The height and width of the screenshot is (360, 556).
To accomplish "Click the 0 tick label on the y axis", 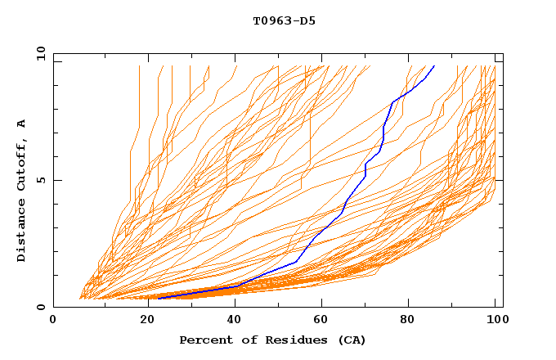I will click(x=41, y=307).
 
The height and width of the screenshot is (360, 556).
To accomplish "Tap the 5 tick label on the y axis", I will click(x=41, y=180).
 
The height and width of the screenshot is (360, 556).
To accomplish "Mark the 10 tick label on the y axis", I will click(x=38, y=53).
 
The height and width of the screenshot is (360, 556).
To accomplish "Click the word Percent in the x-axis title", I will click(x=204, y=340).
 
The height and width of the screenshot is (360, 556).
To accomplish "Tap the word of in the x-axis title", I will click(x=246, y=340).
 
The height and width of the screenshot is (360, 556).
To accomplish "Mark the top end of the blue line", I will click(x=434, y=65).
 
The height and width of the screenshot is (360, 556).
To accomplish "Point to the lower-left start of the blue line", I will click(x=159, y=298).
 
